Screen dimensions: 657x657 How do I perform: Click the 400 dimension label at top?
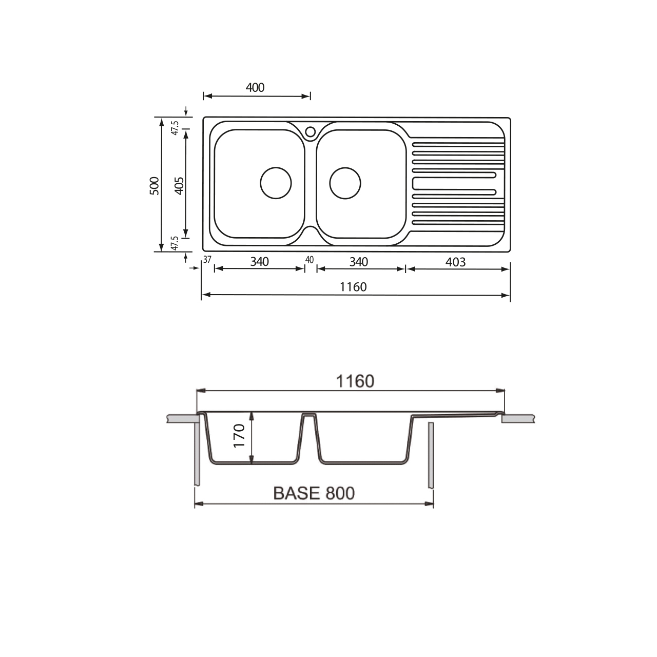pos(255,88)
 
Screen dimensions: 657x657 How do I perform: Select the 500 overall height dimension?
pos(155,185)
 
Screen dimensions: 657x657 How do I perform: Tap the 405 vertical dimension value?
pos(179,185)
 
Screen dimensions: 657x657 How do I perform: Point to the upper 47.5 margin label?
pos(175,128)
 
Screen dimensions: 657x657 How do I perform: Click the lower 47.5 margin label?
pos(175,243)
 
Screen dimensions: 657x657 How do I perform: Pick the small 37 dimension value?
pos(207,259)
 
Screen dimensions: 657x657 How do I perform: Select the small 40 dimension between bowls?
pos(309,260)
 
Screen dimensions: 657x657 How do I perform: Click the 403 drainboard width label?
pos(455,262)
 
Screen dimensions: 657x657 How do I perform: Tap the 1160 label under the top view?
pos(353,287)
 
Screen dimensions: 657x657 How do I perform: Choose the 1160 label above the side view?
pos(355,381)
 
